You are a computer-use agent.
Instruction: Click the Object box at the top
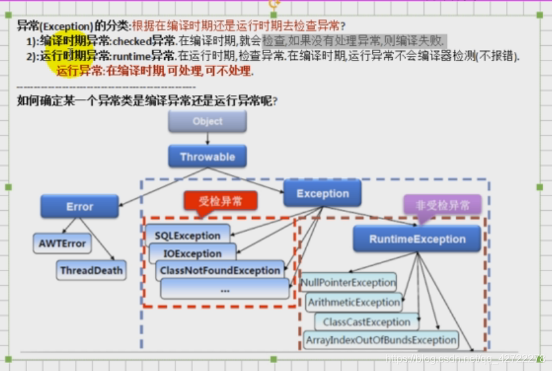[x=207, y=121]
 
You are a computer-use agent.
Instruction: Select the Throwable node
[x=207, y=158]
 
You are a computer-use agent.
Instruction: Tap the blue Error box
[x=79, y=206]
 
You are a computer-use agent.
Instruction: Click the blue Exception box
[x=322, y=194]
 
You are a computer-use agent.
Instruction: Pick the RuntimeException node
[x=417, y=240]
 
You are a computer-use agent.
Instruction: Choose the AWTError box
[x=62, y=244]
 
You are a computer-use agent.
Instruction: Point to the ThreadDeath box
[x=91, y=270]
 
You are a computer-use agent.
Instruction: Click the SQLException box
[x=188, y=235]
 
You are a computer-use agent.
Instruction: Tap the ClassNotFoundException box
[x=219, y=271]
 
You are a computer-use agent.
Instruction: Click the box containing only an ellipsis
[x=225, y=289]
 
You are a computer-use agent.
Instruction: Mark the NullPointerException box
[x=349, y=283]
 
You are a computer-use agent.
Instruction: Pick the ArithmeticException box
[x=353, y=303]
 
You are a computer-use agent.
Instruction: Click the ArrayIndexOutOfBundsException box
[x=381, y=340]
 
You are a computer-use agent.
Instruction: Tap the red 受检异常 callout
[x=219, y=200]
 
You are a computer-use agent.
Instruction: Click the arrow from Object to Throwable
[x=207, y=139]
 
